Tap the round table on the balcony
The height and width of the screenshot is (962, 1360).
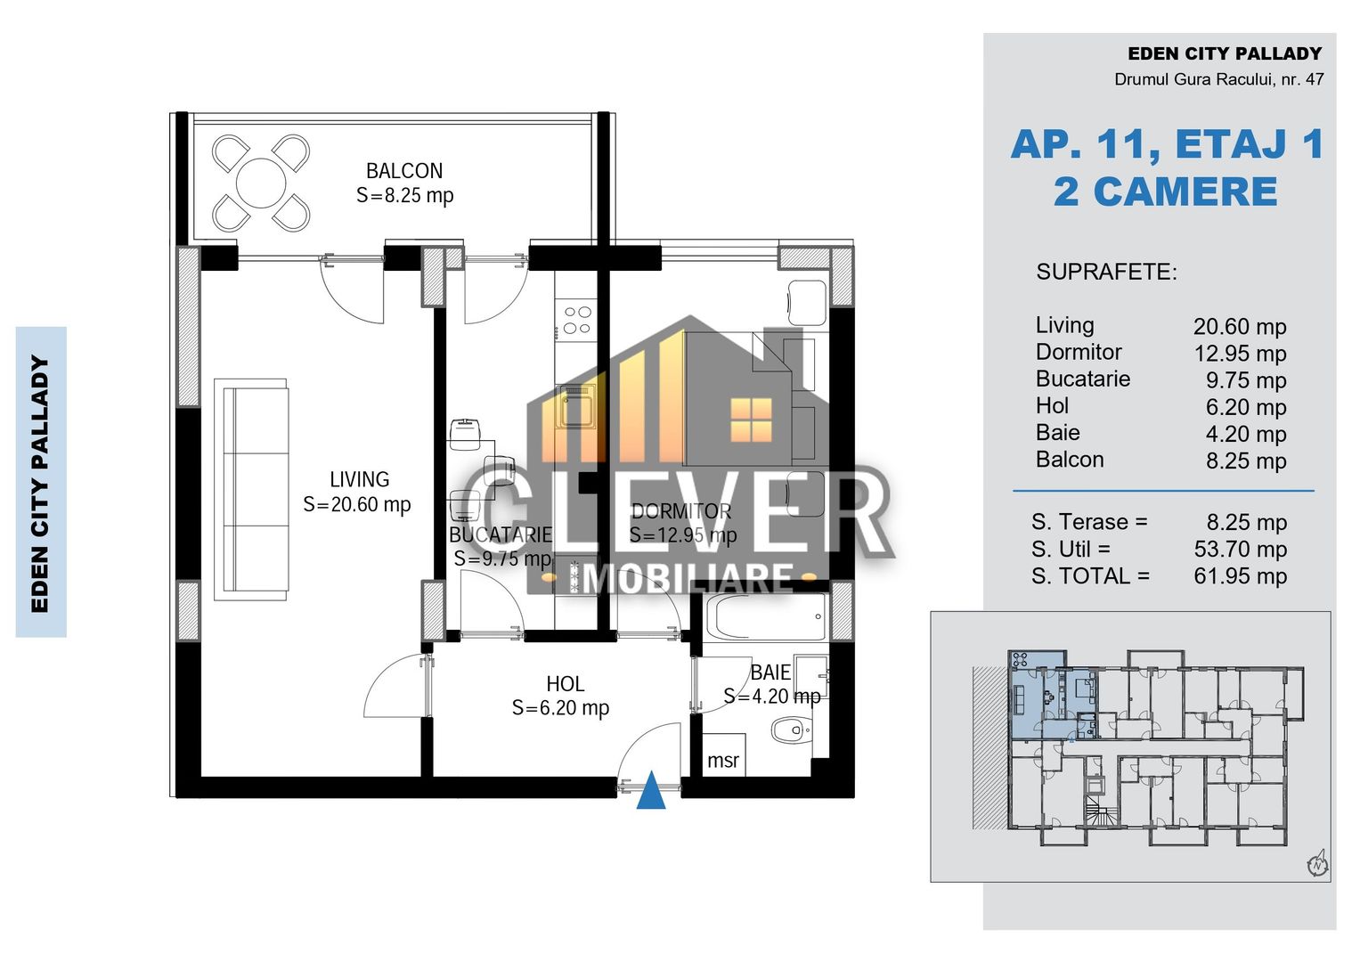261,183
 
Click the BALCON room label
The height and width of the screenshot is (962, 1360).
403,171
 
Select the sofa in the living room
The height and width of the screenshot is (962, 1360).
251,488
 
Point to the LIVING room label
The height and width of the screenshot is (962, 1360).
359,480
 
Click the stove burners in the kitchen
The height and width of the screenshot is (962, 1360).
576,320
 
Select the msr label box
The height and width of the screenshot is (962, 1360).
722,759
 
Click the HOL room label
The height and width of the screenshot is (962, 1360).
565,684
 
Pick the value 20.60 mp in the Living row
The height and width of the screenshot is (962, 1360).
1240,327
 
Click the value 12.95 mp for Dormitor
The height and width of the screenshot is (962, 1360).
1240,354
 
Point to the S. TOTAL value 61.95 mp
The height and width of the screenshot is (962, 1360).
1240,576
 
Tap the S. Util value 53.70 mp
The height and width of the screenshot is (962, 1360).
1240,550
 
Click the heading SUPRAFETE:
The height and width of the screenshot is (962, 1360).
1106,273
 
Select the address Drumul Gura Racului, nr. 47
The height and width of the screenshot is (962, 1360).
1218,79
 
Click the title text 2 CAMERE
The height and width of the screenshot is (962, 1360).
1165,192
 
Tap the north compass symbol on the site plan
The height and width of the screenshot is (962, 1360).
1317,863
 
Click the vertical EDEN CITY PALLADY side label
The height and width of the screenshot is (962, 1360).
40,483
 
